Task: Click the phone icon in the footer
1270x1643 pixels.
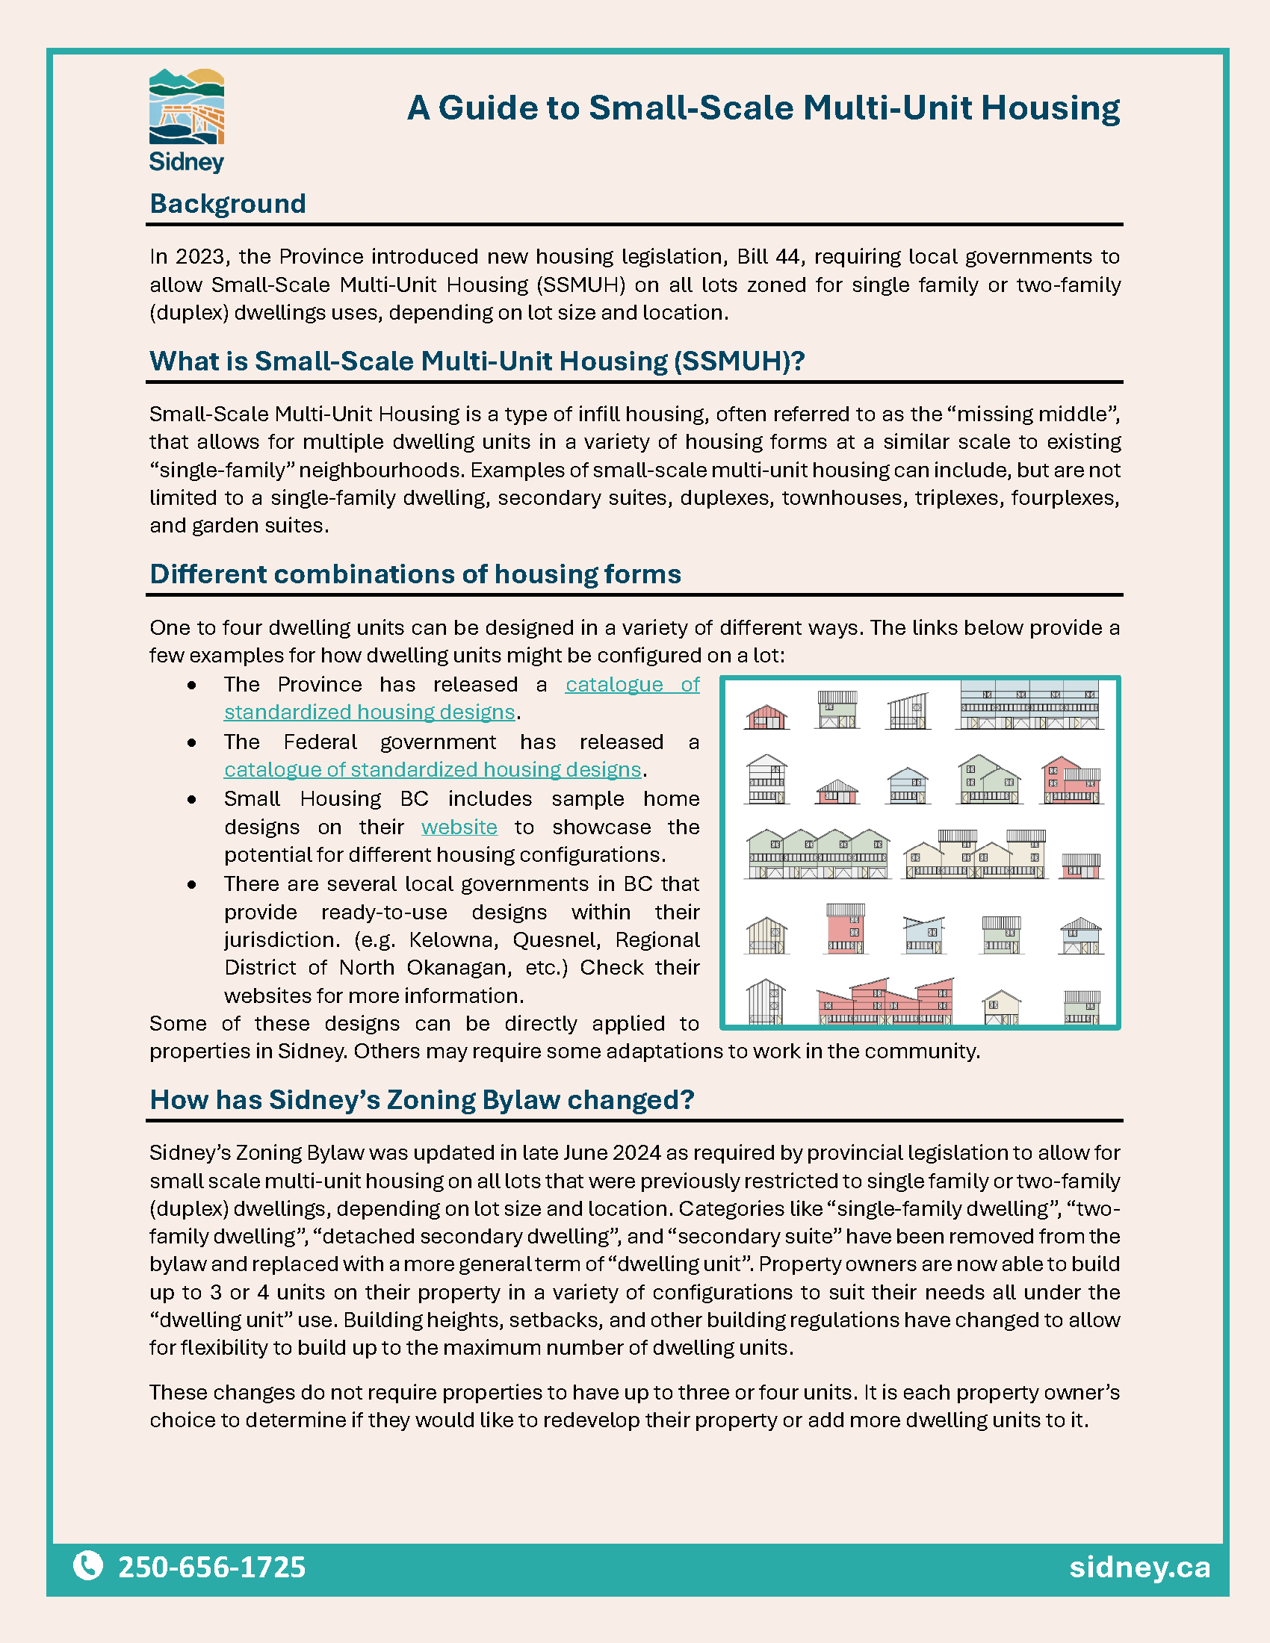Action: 88,1565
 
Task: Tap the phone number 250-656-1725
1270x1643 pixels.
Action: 211,1567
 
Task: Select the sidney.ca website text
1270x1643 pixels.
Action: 1139,1567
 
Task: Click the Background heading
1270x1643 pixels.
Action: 227,204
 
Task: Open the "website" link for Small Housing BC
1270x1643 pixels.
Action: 459,827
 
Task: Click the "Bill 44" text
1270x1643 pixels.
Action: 767,256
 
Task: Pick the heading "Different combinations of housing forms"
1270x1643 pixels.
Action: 415,574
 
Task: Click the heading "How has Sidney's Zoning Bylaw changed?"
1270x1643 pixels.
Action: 421,1099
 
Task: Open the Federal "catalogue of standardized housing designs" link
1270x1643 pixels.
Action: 433,769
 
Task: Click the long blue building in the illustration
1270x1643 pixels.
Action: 1030,705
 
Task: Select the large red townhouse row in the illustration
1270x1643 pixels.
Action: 885,1003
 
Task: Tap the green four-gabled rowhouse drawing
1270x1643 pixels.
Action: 819,854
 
